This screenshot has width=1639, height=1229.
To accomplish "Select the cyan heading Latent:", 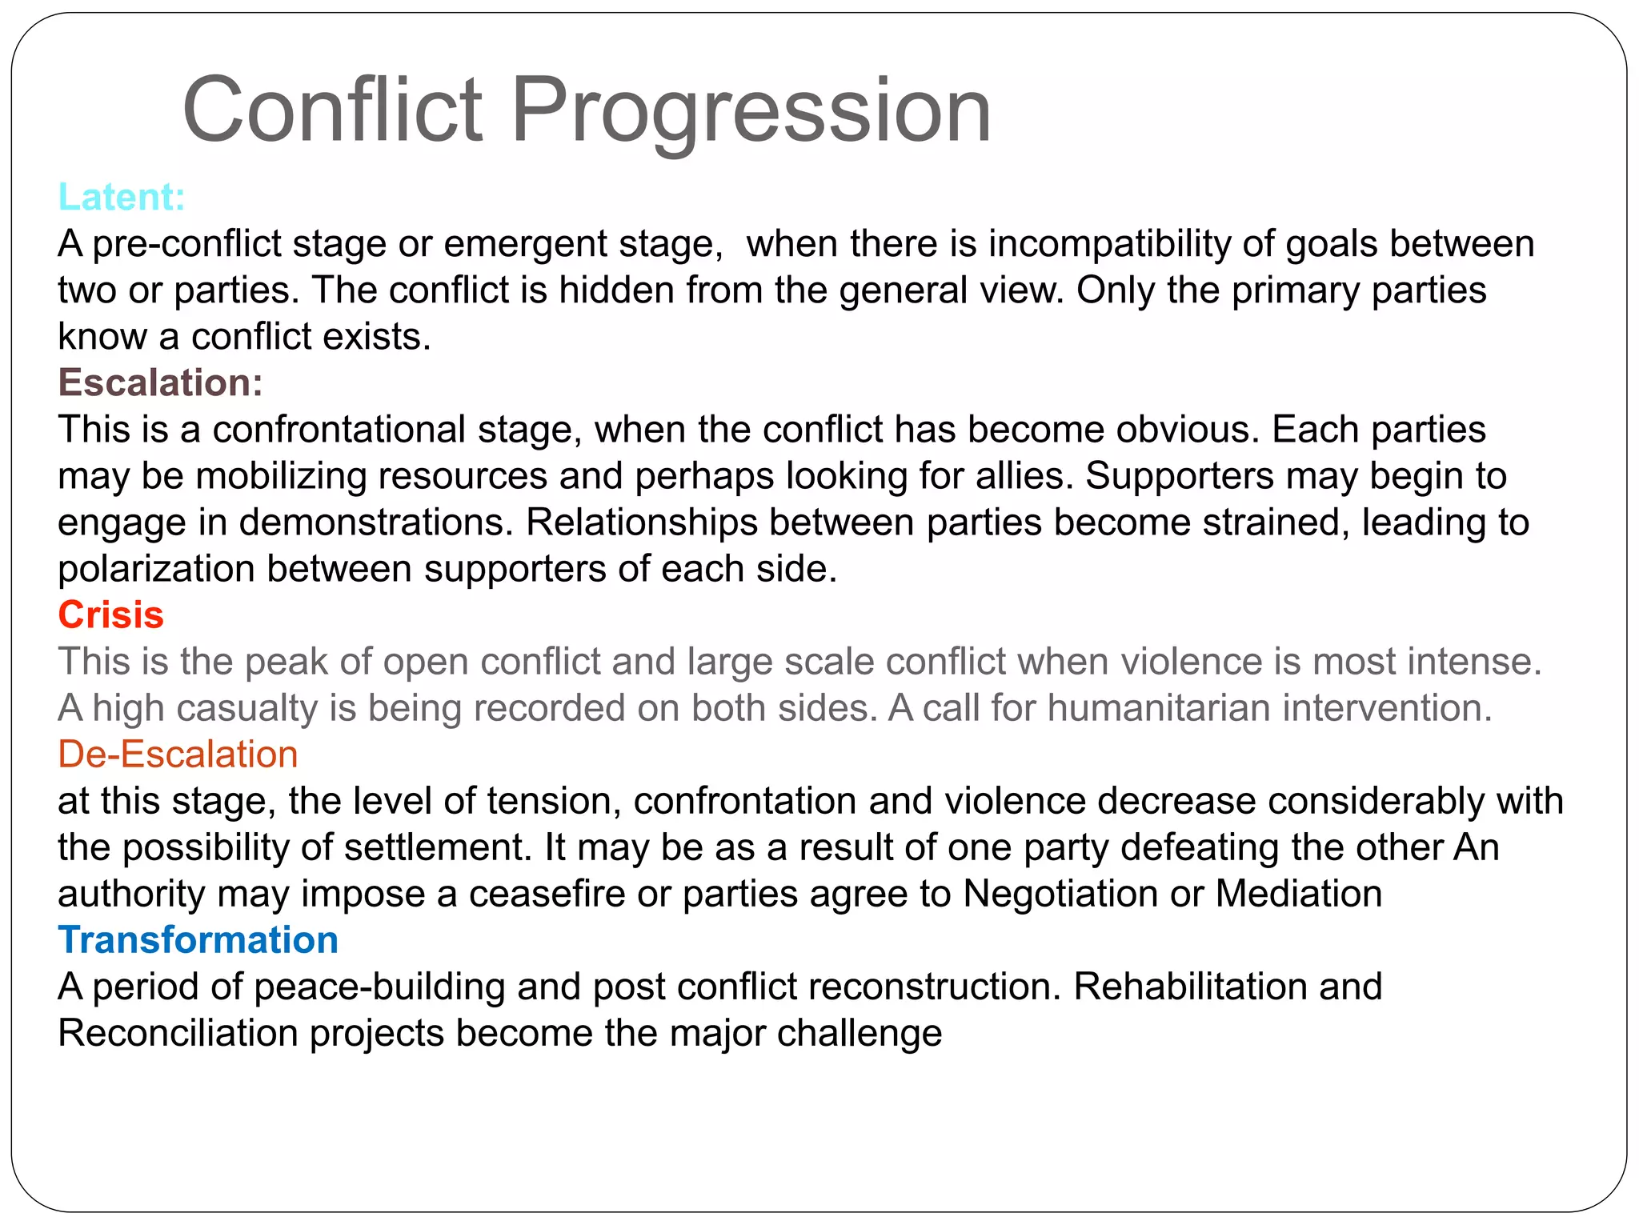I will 122,197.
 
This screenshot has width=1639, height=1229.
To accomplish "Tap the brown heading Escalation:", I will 160,382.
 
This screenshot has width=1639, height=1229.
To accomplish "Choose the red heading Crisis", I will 110,614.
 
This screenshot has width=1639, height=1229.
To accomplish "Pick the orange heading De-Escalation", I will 178,754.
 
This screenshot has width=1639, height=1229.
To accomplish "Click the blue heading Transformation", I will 198,939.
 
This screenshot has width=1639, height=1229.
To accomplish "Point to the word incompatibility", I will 1109,243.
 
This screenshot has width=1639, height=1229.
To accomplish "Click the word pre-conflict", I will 187,243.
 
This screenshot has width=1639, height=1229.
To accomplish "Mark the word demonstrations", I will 375,522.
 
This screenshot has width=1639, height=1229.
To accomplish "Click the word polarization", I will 156,569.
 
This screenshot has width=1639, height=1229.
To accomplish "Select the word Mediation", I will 1298,894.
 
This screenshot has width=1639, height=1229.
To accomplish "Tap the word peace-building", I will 379,987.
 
